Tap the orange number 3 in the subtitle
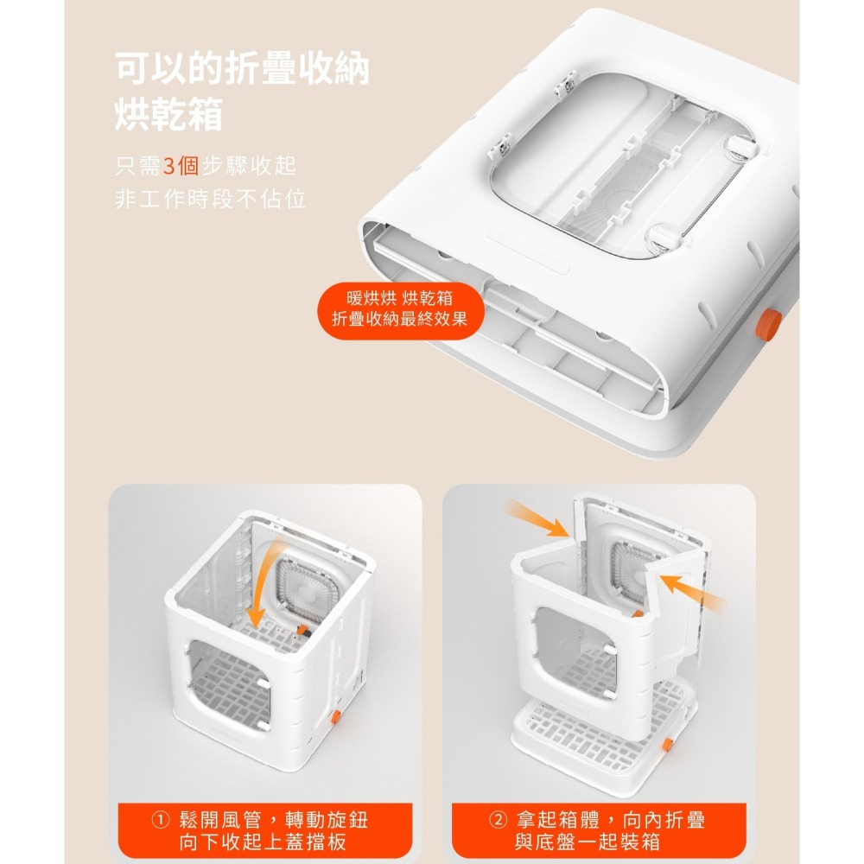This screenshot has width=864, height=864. [x=169, y=165]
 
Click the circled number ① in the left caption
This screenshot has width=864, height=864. [x=160, y=821]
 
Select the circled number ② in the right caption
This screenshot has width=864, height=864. [x=498, y=821]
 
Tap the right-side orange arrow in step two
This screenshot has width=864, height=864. [x=691, y=593]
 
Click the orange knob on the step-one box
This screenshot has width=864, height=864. [x=335, y=717]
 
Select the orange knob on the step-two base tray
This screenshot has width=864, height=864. [x=667, y=745]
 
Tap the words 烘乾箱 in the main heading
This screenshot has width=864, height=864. [x=168, y=114]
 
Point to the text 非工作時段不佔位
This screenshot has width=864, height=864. [x=211, y=199]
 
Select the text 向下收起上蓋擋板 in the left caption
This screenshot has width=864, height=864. [x=263, y=842]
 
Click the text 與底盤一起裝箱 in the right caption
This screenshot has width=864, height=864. [x=588, y=842]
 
